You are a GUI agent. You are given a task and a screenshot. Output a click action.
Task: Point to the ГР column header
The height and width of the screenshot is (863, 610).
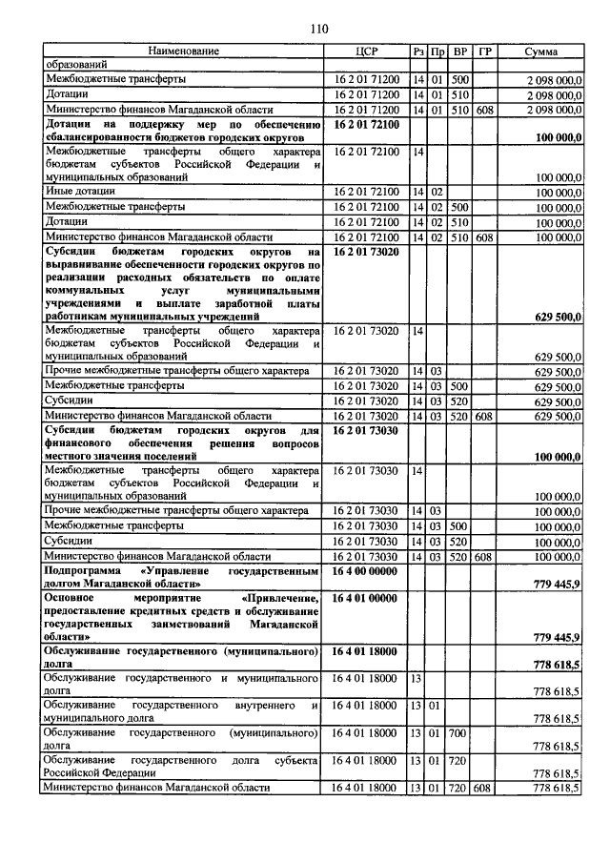485,51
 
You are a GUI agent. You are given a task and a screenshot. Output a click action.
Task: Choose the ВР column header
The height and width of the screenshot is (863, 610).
460,51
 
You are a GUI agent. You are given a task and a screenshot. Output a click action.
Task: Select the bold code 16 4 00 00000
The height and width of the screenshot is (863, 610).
365,569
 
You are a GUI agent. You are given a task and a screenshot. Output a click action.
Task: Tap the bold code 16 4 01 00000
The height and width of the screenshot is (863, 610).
365,598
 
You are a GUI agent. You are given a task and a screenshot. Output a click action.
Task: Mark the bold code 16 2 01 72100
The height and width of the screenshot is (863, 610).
365,124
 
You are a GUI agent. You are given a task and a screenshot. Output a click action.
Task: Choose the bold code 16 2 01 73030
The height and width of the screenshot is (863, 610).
365,431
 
